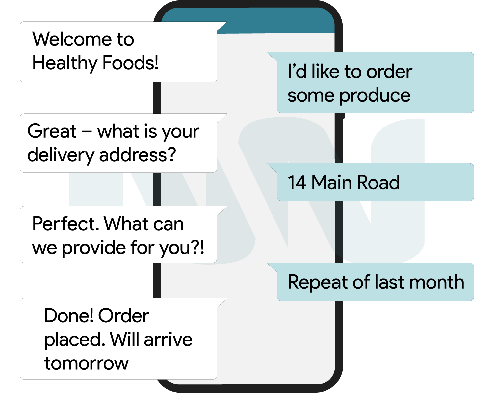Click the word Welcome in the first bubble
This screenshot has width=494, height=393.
[72, 39]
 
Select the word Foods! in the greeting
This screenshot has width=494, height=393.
[130, 62]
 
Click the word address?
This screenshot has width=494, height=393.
[138, 154]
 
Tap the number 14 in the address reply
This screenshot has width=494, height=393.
[297, 182]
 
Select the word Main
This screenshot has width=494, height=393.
[332, 182]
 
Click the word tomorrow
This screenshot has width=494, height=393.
[86, 364]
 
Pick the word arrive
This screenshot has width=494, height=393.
[168, 340]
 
